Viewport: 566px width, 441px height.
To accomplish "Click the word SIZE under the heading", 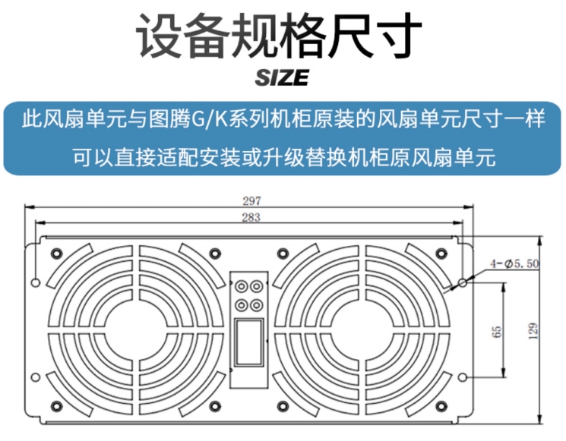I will click(283, 77).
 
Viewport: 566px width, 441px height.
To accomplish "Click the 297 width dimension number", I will click(251, 201).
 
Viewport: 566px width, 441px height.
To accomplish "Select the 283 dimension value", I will click(251, 218).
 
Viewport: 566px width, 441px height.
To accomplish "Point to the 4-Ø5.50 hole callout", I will click(514, 263).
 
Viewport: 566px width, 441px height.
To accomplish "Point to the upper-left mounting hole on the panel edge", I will click(35, 282).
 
